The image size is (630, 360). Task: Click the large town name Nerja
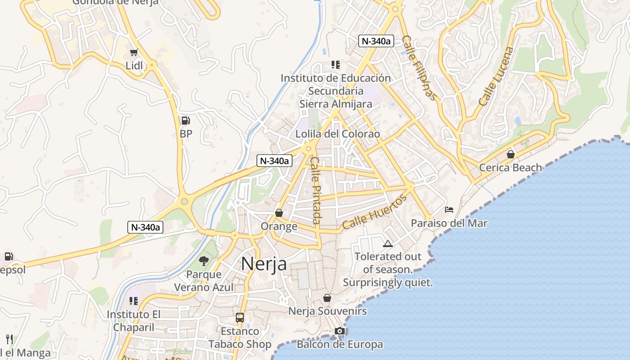coord(264,264)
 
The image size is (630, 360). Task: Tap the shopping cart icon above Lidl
coord(134,53)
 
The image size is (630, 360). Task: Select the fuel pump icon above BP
coord(185,121)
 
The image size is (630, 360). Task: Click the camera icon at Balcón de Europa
coord(340,331)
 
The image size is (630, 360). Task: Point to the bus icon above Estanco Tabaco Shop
coord(240,317)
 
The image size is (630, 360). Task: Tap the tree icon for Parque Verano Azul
coord(204,261)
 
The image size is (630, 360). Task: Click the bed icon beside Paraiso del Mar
coord(449,210)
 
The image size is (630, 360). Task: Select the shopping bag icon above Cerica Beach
coord(510,154)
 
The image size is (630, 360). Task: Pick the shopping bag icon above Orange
coord(279,212)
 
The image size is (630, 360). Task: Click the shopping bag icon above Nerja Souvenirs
coord(327,298)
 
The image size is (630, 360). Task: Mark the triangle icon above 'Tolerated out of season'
coord(387,244)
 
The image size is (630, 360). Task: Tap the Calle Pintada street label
coord(316,190)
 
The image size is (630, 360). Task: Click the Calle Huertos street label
coord(374,212)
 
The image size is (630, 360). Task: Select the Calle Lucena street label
coord(495,76)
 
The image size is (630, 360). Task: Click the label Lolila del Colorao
coord(337,134)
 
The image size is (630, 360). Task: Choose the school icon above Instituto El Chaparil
coord(133,301)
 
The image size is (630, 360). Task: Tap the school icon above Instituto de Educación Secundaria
coord(335,64)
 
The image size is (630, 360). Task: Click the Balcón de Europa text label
coord(340,345)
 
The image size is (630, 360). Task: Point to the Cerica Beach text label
coord(510,168)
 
